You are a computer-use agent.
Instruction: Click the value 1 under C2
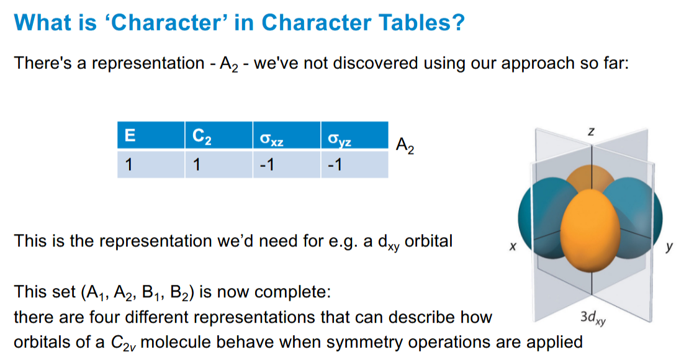coord(197,165)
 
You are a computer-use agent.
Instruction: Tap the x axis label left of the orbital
coord(513,247)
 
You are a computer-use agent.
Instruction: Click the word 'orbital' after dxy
coord(428,240)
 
